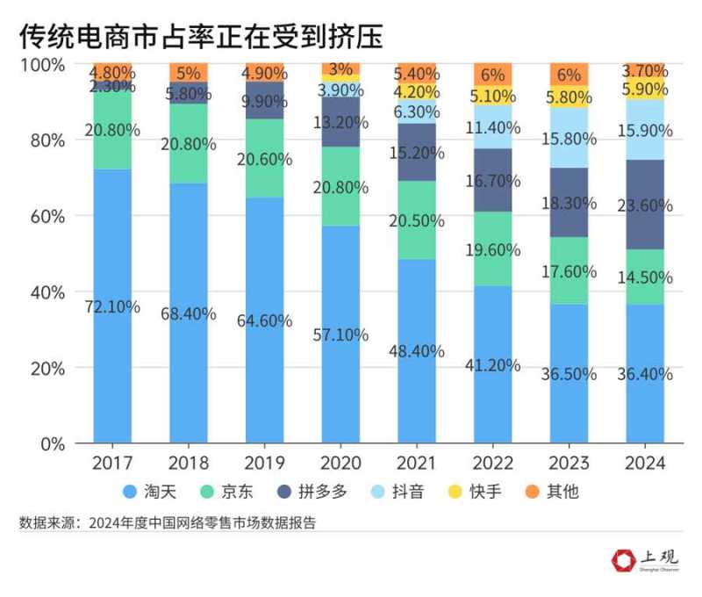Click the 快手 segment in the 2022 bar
(x=492, y=96)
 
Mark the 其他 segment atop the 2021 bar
(x=416, y=74)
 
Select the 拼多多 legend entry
(x=311, y=492)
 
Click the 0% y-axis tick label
(x=48, y=443)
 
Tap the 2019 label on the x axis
(x=263, y=463)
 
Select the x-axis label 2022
(x=492, y=463)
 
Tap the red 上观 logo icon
(x=624, y=559)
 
